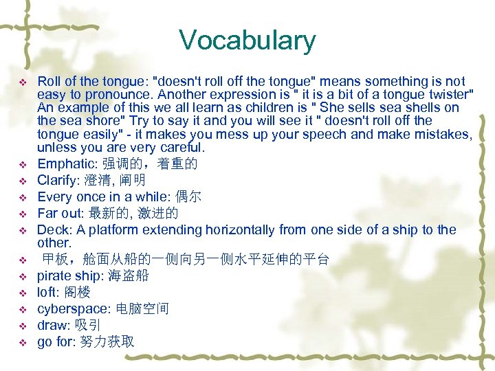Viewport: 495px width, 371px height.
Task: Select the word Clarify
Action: (58, 180)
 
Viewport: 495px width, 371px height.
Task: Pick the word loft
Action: (46, 292)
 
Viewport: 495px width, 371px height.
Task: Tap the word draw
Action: (51, 325)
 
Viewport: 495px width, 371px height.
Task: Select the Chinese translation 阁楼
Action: (75, 292)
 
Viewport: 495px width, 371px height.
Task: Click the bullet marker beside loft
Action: (22, 293)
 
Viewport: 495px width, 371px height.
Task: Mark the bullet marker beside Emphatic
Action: (22, 164)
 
